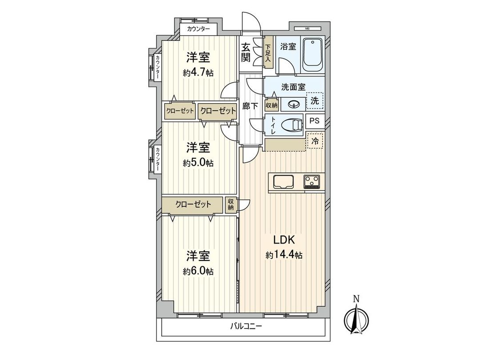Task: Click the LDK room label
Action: (284, 240)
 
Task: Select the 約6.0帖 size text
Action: (198, 271)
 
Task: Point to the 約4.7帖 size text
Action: (198, 72)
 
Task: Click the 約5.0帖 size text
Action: (198, 163)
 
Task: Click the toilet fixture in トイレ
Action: (291, 125)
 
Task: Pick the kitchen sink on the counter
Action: (283, 182)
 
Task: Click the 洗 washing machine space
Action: (315, 100)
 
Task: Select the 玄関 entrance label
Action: (246, 52)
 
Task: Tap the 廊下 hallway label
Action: (248, 106)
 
